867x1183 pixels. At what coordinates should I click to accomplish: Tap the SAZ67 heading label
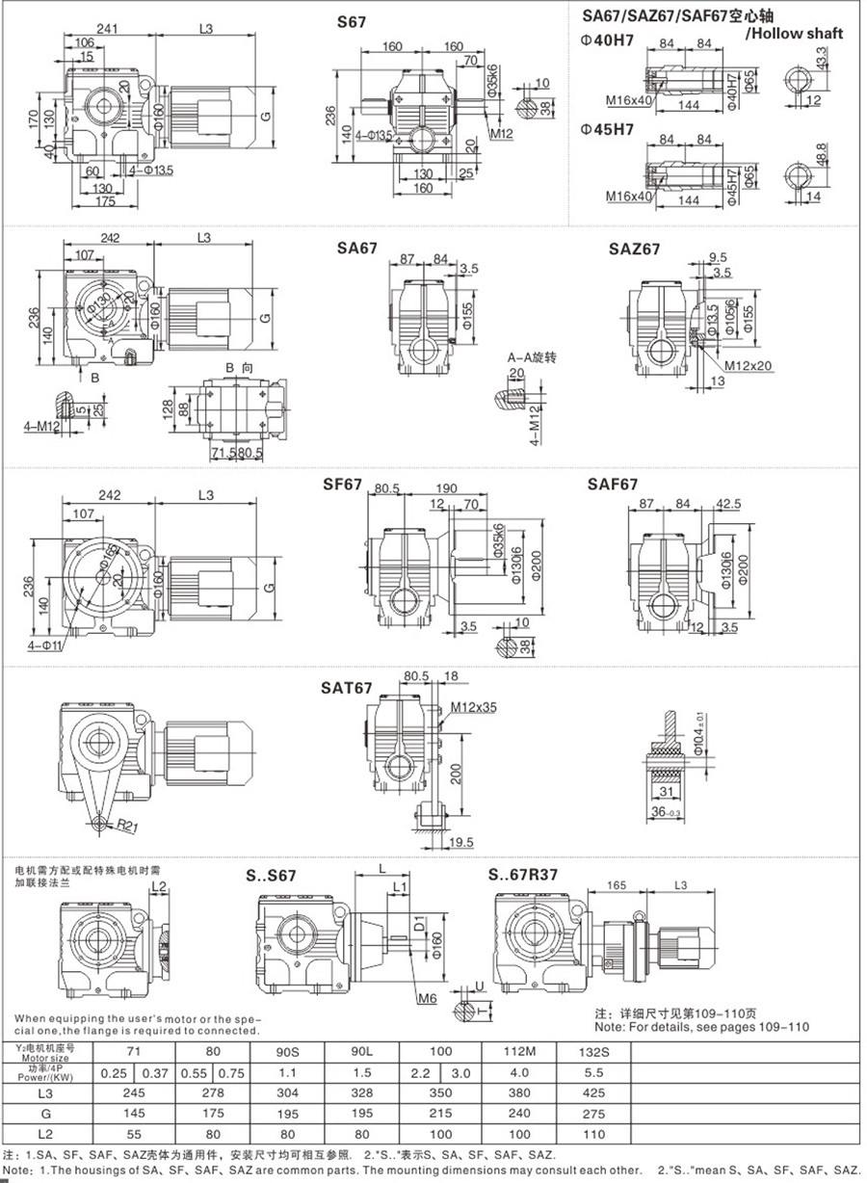click(x=634, y=249)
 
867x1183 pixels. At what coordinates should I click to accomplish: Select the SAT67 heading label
click(x=346, y=688)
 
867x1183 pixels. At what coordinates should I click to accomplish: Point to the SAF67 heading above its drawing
click(x=613, y=484)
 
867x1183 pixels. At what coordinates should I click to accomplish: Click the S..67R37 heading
click(x=527, y=876)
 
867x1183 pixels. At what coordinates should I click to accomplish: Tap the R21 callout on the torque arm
click(x=127, y=826)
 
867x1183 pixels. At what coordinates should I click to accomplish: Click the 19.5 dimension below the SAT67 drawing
click(x=462, y=842)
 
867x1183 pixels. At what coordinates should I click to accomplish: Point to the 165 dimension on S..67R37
click(x=617, y=883)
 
